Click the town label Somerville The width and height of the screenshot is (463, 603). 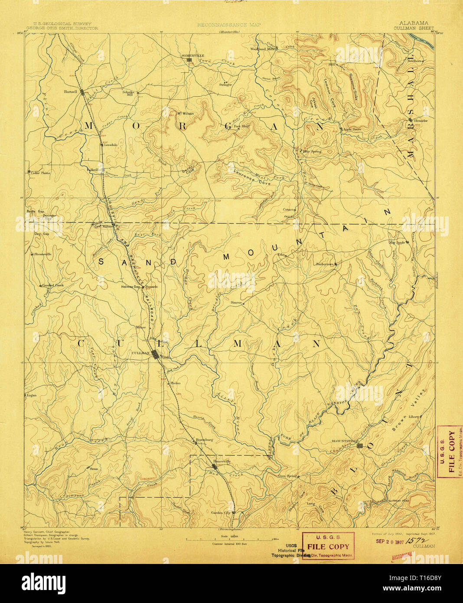click(192, 56)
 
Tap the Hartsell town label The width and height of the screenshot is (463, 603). click(70, 92)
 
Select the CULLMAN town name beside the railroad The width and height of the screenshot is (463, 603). click(140, 353)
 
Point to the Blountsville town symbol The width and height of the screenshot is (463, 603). click(359, 445)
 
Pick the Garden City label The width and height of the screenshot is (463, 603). click(220, 512)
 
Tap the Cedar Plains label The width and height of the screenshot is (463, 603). click(40, 173)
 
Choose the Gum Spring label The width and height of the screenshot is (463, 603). click(287, 475)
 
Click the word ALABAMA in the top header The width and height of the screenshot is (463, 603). click(414, 23)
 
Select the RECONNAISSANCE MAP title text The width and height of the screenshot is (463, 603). click(229, 25)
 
